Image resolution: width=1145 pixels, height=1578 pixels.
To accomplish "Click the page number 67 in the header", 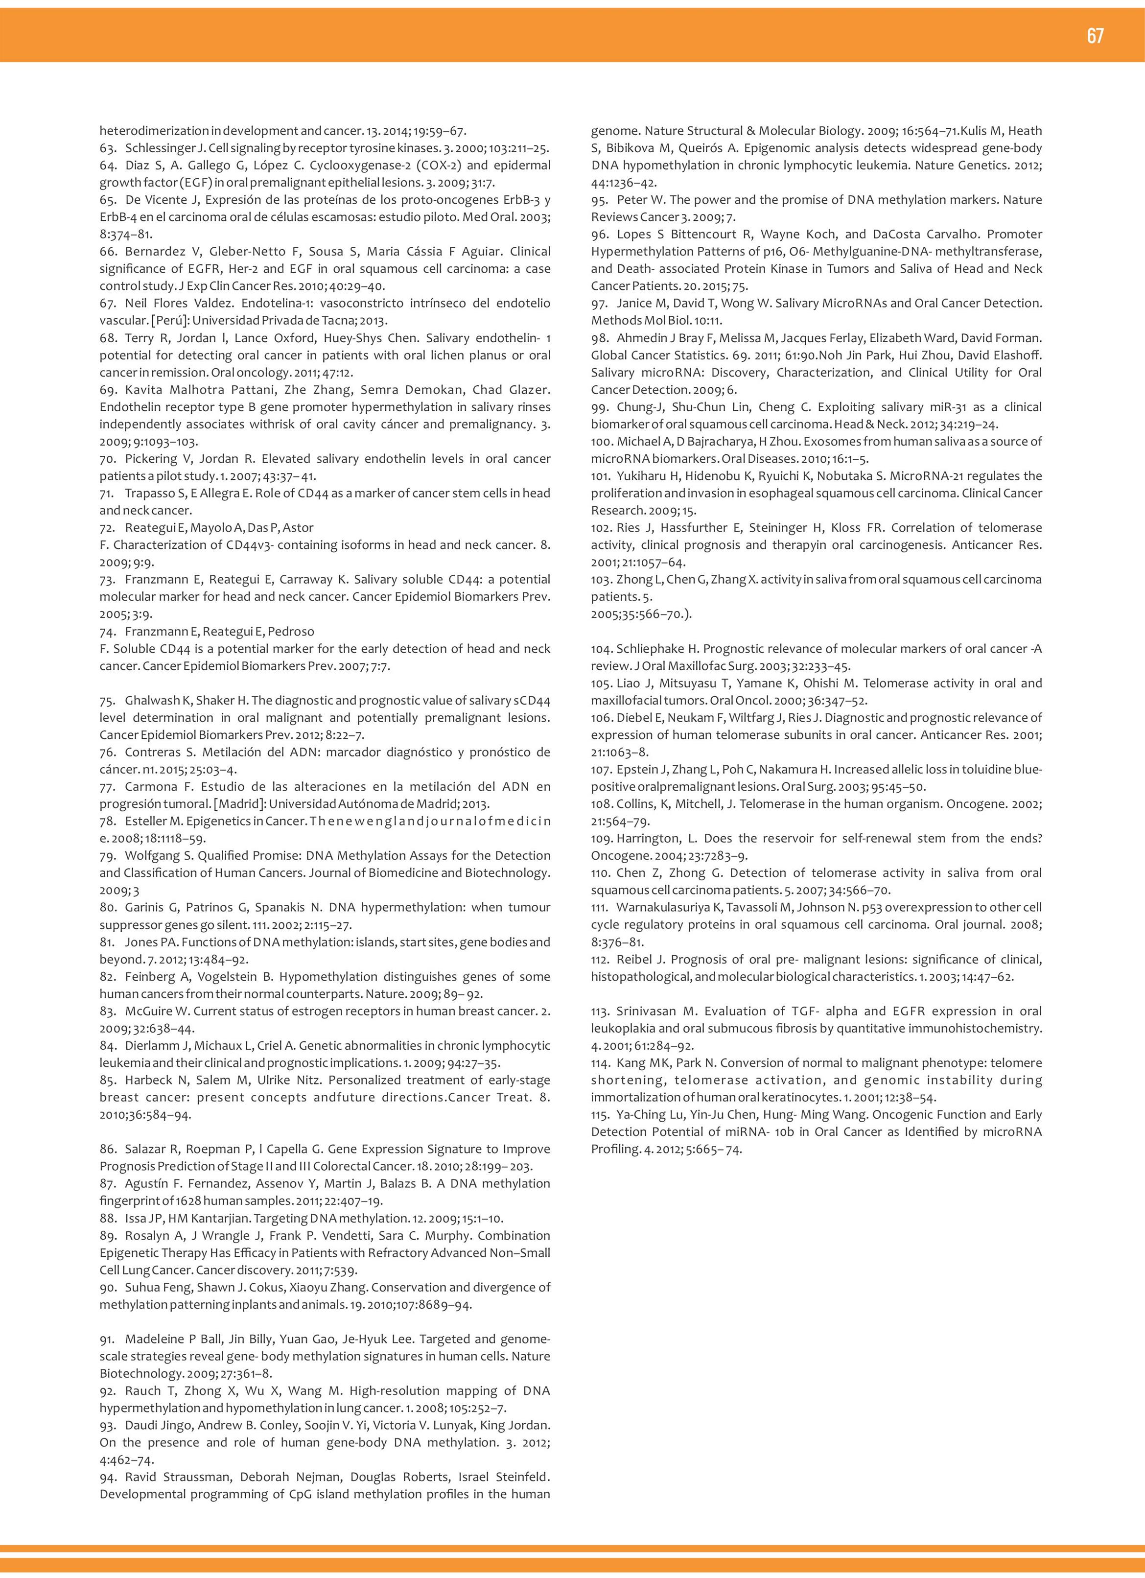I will pyautogui.click(x=1095, y=36).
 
